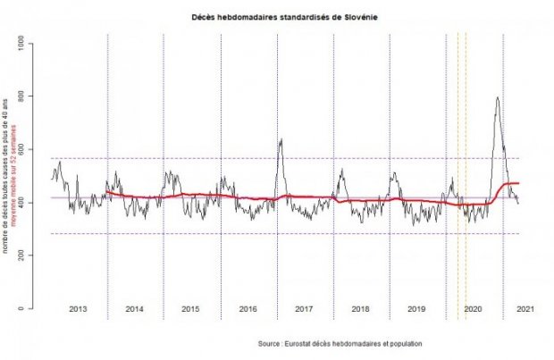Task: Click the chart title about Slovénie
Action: [x=278, y=16]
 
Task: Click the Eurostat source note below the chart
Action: [x=340, y=343]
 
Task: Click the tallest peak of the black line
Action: [x=497, y=97]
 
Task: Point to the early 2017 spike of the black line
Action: [x=281, y=139]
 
